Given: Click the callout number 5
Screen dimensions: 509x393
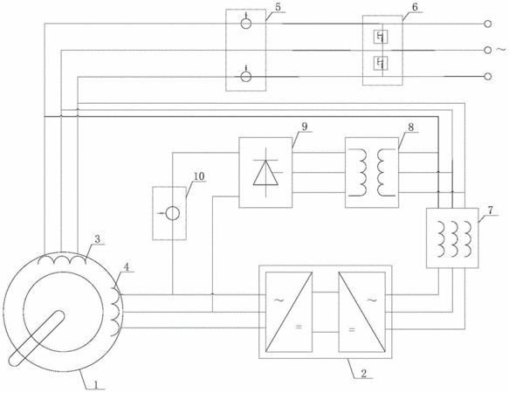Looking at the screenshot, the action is pyautogui.click(x=279, y=7).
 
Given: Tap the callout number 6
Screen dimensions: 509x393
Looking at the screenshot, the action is pyautogui.click(x=416, y=7).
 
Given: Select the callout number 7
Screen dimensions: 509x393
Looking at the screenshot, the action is pyautogui.click(x=490, y=210).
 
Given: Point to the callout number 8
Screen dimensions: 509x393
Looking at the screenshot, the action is pyautogui.click(x=411, y=127).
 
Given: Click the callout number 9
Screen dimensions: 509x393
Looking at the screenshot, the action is pyautogui.click(x=304, y=127).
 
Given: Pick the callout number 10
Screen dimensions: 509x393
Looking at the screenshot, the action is pyautogui.click(x=199, y=176).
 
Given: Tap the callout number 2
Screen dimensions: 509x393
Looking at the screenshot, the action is pyautogui.click(x=363, y=373).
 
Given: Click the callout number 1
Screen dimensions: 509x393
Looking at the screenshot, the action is pyautogui.click(x=96, y=384).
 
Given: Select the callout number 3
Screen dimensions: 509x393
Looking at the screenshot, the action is pyautogui.click(x=97, y=239).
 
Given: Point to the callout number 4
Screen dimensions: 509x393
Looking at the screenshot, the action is pyautogui.click(x=127, y=267).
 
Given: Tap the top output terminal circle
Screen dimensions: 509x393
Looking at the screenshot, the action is pyautogui.click(x=487, y=24).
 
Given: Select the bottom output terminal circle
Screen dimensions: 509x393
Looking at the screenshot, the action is pyautogui.click(x=487, y=76).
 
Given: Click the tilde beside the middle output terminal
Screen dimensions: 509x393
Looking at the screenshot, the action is pyautogui.click(x=500, y=50).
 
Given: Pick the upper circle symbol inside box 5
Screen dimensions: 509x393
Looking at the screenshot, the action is pyautogui.click(x=245, y=24).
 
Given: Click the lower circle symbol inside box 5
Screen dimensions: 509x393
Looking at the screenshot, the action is pyautogui.click(x=245, y=77).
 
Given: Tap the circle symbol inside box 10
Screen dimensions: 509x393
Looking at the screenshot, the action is pyautogui.click(x=173, y=213).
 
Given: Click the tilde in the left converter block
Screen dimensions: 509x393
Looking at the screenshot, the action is pyautogui.click(x=279, y=300).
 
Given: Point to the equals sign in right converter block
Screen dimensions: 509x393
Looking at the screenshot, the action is pyautogui.click(x=352, y=329).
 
